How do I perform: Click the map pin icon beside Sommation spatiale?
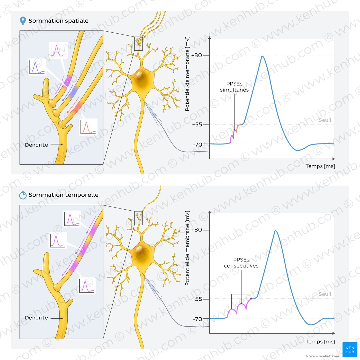23,21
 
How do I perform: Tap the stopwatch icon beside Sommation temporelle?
23,195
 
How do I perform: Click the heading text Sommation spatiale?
58,21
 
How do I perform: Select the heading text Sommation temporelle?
64,195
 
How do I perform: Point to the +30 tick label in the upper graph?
196,56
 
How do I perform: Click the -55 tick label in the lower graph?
197,299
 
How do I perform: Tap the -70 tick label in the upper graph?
197,145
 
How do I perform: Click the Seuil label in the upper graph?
325,120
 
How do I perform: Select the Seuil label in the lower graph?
325,294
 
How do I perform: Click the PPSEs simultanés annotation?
234,87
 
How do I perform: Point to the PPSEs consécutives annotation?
241,263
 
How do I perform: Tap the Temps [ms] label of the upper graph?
320,166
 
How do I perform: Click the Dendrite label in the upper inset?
37,145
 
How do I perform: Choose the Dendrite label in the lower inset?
37,318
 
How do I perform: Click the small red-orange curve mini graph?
88,127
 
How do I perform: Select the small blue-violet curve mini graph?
37,67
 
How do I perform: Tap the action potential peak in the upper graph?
263,56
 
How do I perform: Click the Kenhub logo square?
350,349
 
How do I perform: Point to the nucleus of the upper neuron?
139,75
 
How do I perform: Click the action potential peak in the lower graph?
276,231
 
